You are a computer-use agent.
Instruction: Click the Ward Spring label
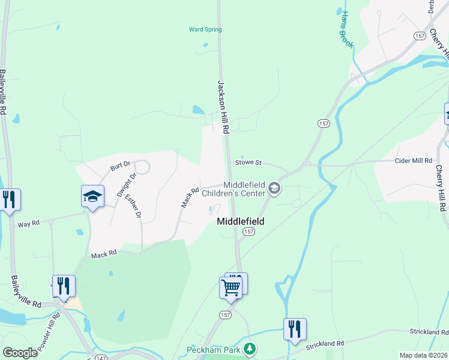(x=205, y=29)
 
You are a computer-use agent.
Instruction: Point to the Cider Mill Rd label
(x=412, y=161)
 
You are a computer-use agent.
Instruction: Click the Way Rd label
(x=28, y=223)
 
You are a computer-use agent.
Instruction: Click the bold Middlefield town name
(x=240, y=221)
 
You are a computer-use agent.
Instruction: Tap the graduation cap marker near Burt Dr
(x=93, y=196)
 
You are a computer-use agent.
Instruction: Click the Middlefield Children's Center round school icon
(x=274, y=189)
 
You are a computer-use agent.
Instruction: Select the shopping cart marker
(x=231, y=287)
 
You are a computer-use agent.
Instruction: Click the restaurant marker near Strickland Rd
(x=295, y=329)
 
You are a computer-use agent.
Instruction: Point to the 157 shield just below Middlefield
(x=249, y=231)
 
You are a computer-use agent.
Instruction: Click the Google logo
(x=20, y=353)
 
